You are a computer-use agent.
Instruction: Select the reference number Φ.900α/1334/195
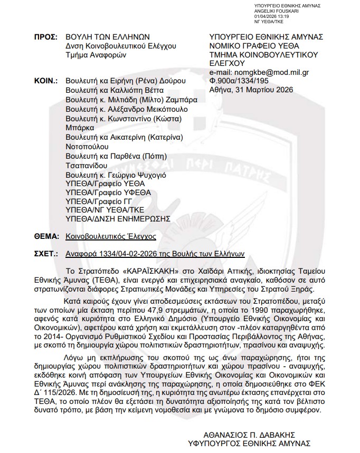pos(238,81)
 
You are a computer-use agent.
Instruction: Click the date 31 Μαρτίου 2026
pos(260,90)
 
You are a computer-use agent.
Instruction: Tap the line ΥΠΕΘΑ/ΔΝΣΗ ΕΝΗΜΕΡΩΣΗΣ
pos(118,218)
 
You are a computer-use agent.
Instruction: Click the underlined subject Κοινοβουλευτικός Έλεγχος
pos(111,237)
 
